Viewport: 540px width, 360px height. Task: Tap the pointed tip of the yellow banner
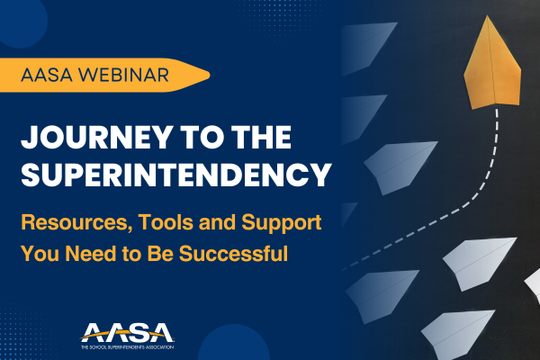point(206,75)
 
